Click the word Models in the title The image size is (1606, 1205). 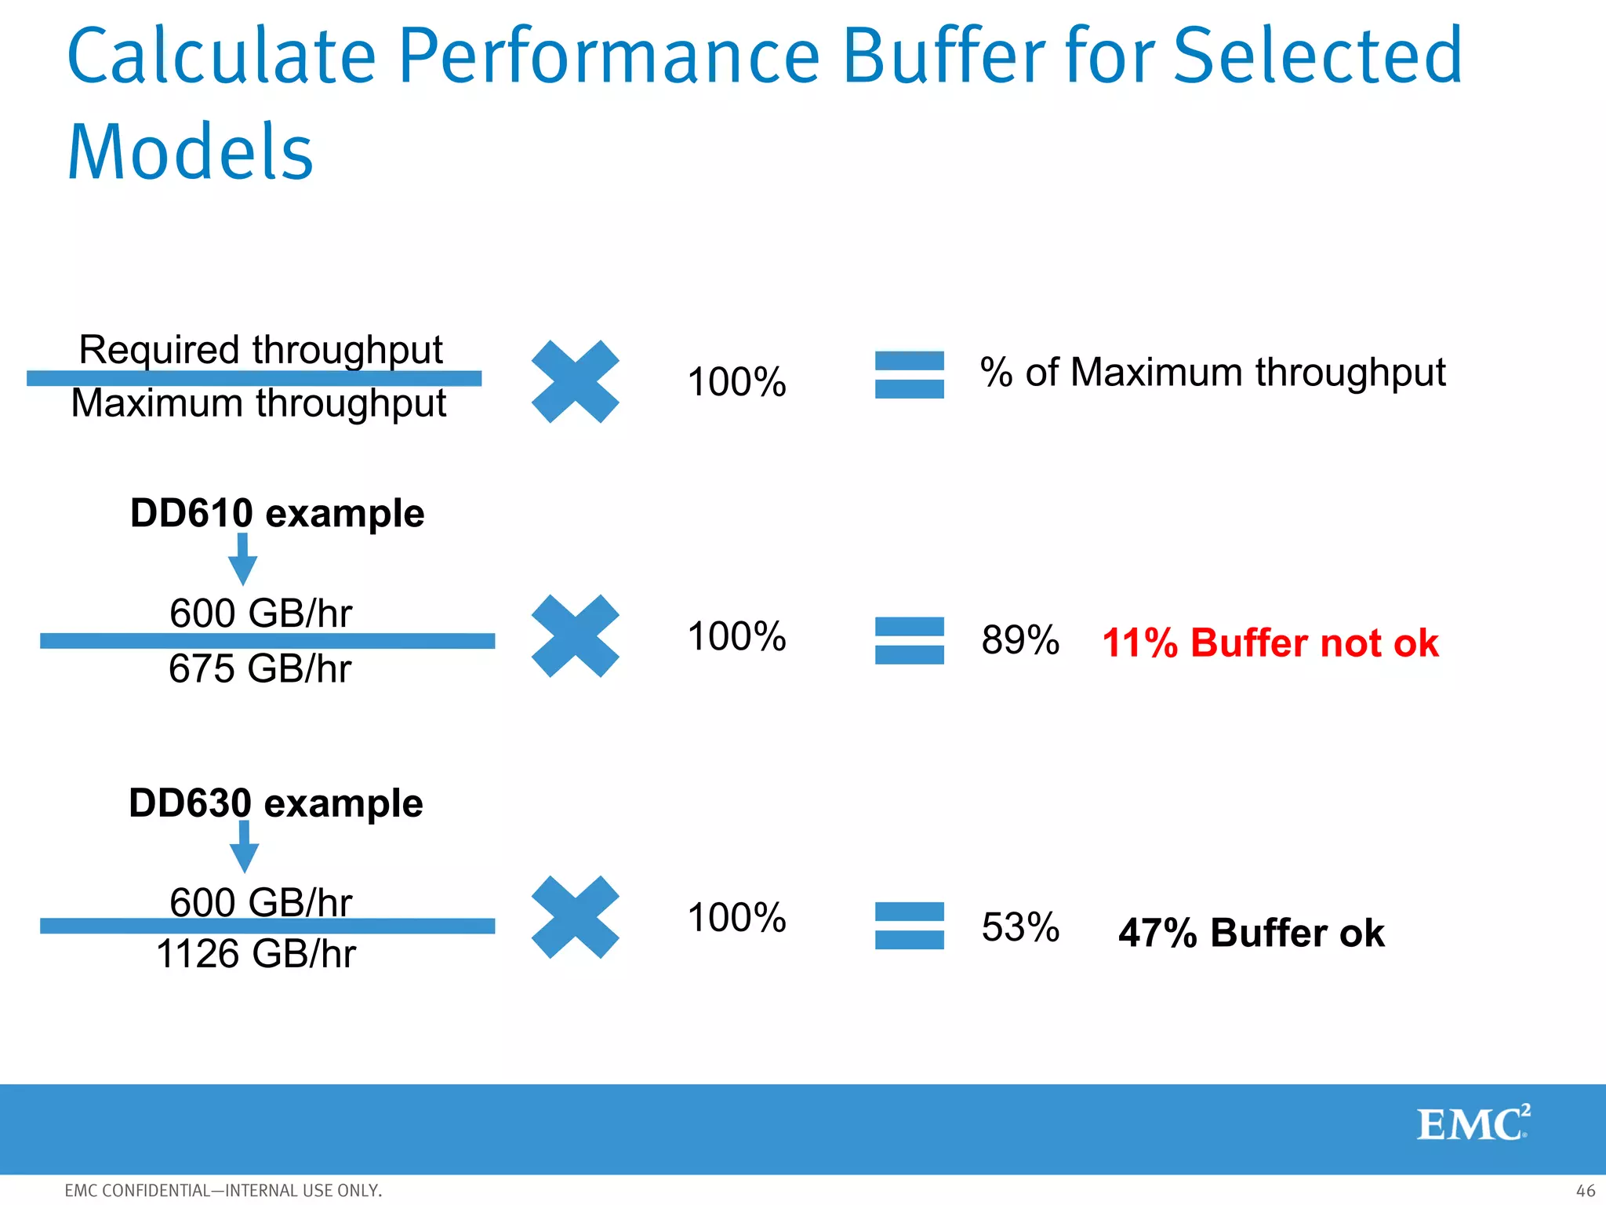click(x=191, y=153)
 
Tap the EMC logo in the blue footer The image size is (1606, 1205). click(x=1473, y=1124)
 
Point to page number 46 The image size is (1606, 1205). click(x=1585, y=1190)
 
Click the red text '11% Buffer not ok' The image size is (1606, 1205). click(x=1270, y=643)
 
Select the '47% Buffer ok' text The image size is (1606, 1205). click(x=1251, y=934)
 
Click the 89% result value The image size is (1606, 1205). click(x=1019, y=640)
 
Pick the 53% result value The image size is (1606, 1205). click(x=1019, y=927)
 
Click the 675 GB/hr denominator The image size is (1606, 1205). click(x=260, y=669)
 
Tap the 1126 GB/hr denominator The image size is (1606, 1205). click(x=256, y=955)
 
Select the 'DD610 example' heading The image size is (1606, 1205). click(x=277, y=514)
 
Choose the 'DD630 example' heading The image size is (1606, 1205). click(x=275, y=803)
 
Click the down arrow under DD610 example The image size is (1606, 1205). click(x=242, y=559)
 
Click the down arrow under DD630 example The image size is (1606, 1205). click(x=244, y=846)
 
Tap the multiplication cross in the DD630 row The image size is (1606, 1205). click(x=575, y=917)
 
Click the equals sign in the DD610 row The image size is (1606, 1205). click(x=909, y=640)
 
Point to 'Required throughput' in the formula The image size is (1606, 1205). click(x=260, y=349)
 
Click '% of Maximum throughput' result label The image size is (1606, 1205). click(x=1212, y=372)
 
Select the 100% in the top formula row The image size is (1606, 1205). click(x=736, y=382)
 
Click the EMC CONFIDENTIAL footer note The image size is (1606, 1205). click(x=223, y=1190)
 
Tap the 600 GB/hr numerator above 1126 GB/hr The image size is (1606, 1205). click(x=260, y=902)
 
